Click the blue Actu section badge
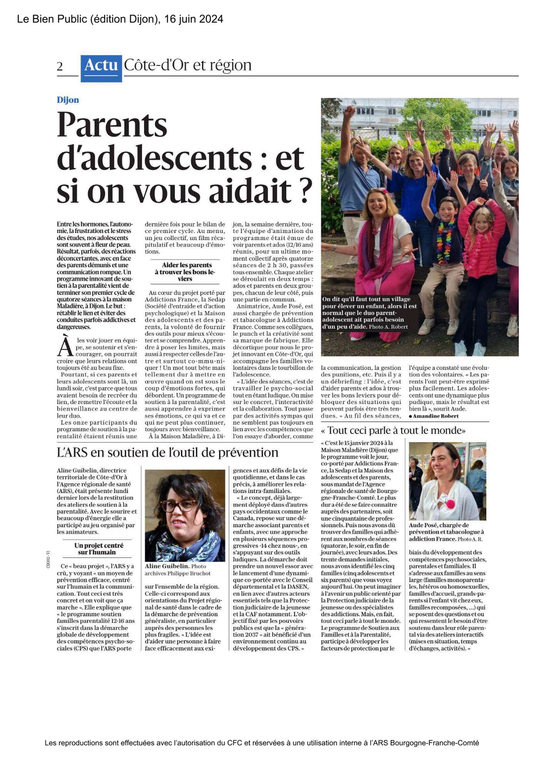tap(101, 68)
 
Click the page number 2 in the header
tap(60, 67)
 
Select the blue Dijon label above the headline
tap(68, 100)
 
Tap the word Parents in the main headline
tap(112, 125)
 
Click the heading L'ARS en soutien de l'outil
tap(167, 453)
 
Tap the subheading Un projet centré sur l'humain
tap(99, 549)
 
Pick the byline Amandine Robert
tap(436, 416)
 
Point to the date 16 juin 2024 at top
tap(194, 19)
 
